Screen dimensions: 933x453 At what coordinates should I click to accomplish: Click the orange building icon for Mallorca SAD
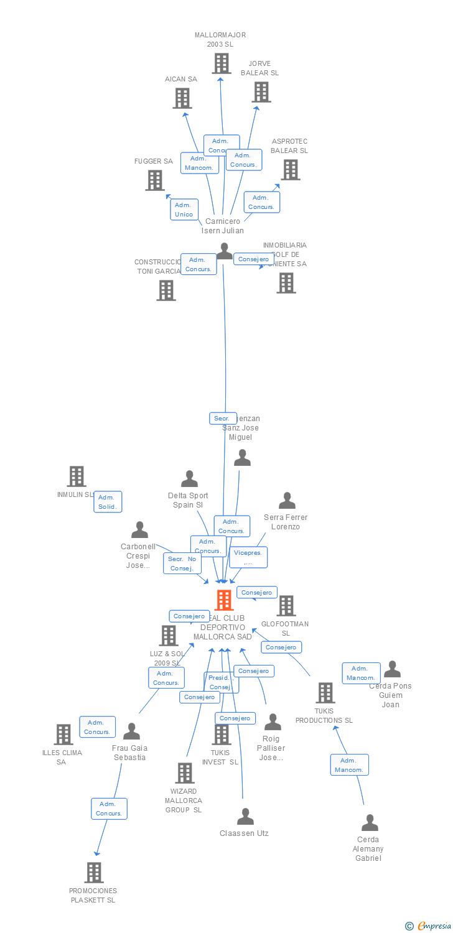click(223, 600)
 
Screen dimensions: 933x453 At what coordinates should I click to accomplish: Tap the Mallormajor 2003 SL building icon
click(221, 63)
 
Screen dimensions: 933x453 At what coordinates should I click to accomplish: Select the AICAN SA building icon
click(182, 98)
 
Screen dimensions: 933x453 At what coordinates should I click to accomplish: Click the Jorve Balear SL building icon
click(261, 92)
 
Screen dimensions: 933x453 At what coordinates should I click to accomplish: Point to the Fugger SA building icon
click(154, 180)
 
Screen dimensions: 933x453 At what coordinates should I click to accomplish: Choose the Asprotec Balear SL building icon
click(290, 170)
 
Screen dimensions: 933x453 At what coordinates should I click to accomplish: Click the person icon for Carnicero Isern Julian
click(224, 251)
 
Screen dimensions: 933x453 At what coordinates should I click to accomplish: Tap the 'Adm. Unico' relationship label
click(184, 210)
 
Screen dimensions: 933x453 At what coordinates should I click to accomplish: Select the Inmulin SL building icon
click(76, 476)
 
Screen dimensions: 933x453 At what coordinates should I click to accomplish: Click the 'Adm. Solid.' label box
click(107, 502)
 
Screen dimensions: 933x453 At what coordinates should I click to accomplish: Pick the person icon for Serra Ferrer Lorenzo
click(287, 501)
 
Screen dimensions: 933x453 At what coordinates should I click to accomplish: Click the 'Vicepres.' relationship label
click(248, 557)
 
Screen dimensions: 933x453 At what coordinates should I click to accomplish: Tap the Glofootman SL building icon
click(286, 606)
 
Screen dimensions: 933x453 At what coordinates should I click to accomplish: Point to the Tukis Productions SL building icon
click(325, 692)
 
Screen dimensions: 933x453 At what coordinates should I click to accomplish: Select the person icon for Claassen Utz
click(245, 816)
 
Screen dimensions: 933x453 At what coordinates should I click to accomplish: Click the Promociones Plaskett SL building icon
click(94, 873)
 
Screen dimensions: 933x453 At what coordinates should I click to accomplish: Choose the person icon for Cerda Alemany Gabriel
click(370, 822)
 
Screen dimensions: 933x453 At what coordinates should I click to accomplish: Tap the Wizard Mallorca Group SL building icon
click(184, 773)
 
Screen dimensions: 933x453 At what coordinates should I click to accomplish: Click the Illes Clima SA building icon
click(63, 735)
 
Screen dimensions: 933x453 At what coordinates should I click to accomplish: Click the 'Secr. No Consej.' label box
click(182, 564)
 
